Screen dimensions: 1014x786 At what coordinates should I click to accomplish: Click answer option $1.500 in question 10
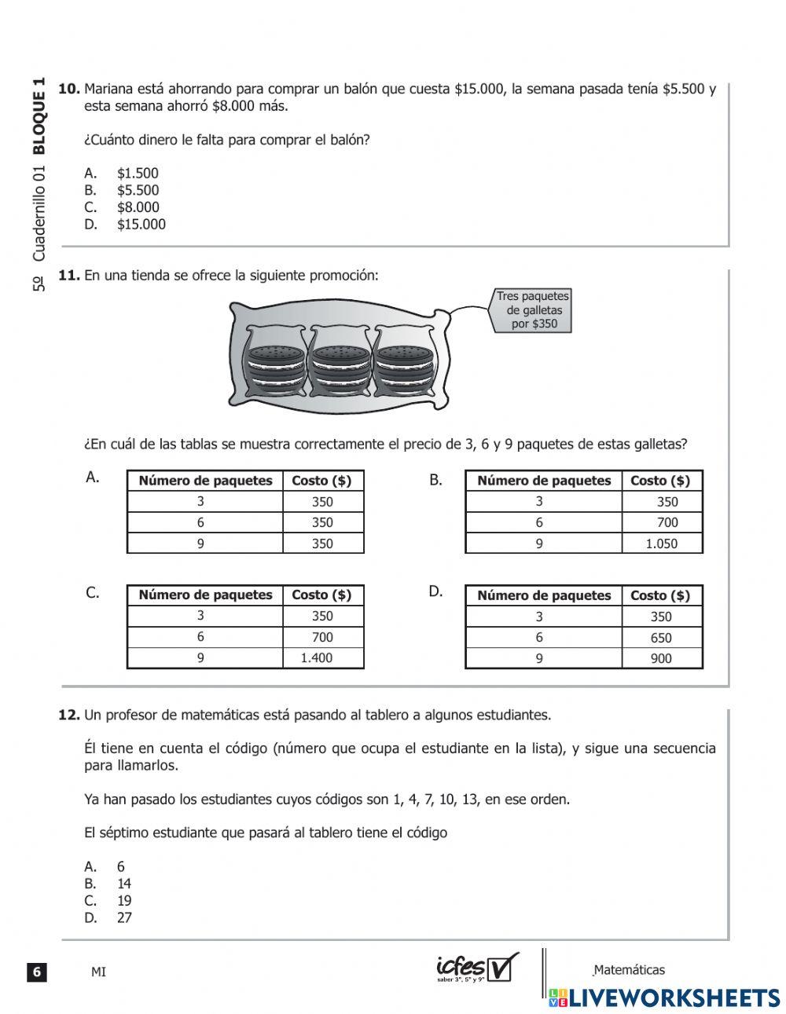137,174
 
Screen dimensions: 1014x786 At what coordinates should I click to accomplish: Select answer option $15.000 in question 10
141,225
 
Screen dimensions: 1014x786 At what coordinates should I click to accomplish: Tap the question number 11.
69,276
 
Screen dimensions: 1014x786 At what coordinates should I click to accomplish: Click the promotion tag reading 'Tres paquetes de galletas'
532,310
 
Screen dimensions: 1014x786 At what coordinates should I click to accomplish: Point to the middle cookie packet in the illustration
341,364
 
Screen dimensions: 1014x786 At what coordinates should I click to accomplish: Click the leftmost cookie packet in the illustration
275,364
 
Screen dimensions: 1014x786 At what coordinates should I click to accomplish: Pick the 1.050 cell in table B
661,544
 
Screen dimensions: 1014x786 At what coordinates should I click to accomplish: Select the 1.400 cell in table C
317,658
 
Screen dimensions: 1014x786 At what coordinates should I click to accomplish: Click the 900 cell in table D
661,659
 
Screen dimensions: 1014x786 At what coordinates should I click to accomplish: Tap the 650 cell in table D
661,638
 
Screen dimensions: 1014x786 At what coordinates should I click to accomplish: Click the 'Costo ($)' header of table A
321,481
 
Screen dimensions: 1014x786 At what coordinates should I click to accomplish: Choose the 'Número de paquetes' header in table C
205,595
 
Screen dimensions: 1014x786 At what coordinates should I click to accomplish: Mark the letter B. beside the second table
436,480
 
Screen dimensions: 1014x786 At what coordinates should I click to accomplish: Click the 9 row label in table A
200,544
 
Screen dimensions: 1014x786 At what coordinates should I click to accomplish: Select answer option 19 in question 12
124,901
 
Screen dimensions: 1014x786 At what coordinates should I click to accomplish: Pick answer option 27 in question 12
124,917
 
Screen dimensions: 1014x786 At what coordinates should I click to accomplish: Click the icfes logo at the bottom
476,968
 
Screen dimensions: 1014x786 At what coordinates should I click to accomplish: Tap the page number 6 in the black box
36,972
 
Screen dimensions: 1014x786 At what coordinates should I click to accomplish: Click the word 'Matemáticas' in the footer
629,970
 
